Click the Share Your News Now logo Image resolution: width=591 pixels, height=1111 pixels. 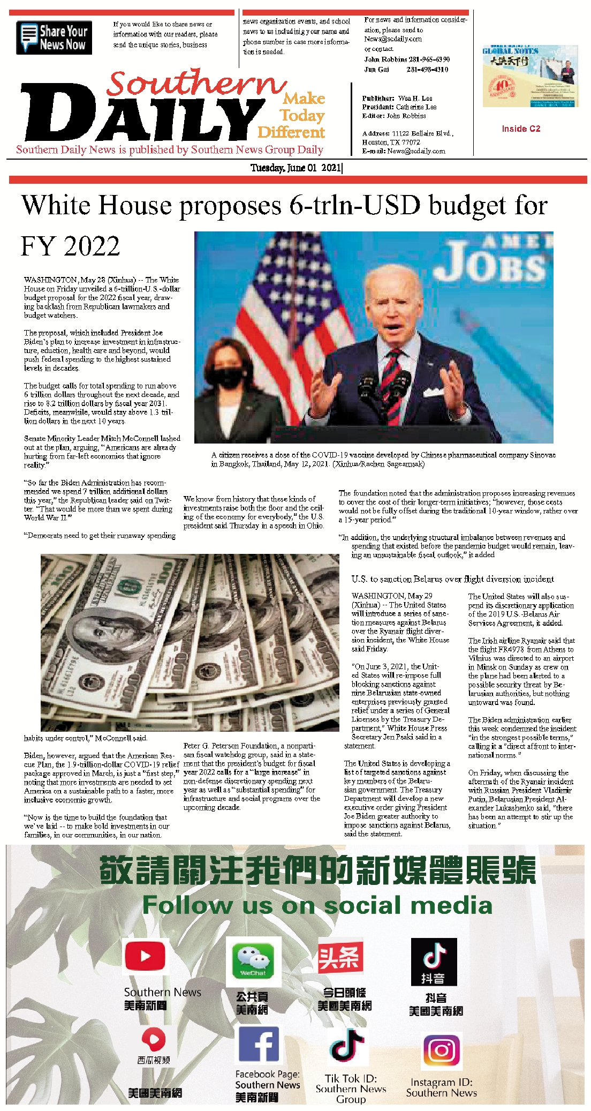pos(54,37)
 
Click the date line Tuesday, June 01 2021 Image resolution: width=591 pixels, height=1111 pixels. pos(296,168)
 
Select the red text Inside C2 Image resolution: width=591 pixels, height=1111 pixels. pos(521,129)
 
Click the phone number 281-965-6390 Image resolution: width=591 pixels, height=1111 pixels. pos(428,59)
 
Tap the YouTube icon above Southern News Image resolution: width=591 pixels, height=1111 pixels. pos(145,956)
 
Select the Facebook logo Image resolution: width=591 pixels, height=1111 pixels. pos(259,1044)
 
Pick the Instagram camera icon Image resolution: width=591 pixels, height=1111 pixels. pos(442,1050)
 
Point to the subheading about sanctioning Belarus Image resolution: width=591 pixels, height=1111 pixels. pos(452,579)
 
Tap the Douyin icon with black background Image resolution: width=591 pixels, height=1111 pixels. pos(434,962)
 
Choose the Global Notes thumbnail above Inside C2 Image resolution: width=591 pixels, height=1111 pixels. pos(530,76)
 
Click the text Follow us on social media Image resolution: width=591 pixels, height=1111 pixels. pos(317,905)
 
